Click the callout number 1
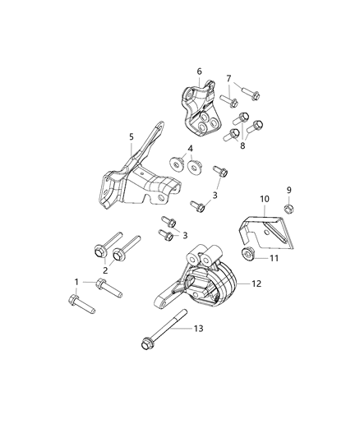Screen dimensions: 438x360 (77, 282)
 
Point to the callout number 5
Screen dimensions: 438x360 (131, 138)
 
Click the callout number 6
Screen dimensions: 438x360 (199, 71)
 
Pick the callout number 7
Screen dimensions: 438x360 (229, 78)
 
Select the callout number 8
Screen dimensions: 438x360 (242, 145)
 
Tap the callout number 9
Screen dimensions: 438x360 (288, 190)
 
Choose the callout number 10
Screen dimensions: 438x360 (265, 199)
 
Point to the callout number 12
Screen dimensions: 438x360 (256, 284)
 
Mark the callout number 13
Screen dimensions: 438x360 (197, 330)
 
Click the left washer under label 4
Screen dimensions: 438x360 (177, 163)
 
